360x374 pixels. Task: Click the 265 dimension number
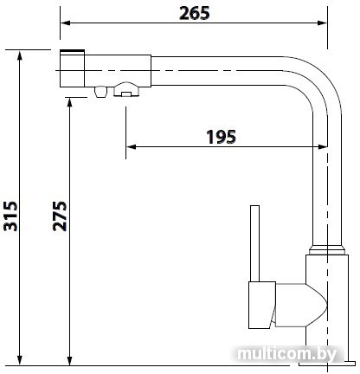click(194, 13)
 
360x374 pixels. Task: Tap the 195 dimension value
click(222, 137)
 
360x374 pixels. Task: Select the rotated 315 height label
click(10, 216)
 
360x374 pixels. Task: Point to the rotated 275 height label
click(60, 216)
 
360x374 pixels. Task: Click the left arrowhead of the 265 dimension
click(65, 23)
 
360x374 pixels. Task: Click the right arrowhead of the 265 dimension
click(322, 23)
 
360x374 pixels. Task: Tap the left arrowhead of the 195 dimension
click(131, 147)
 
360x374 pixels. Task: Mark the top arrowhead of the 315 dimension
click(20, 55)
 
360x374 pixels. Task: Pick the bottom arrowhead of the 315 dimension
click(20, 360)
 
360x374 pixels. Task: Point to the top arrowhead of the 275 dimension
click(69, 103)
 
